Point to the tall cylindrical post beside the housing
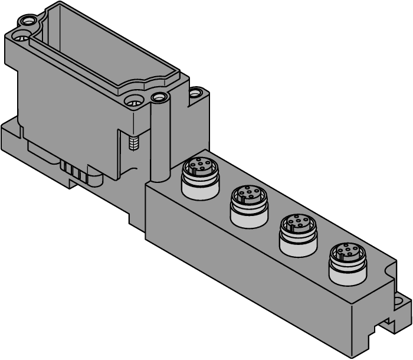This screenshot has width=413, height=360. (x=159, y=142)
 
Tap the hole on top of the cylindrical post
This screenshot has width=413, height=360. (x=158, y=96)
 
